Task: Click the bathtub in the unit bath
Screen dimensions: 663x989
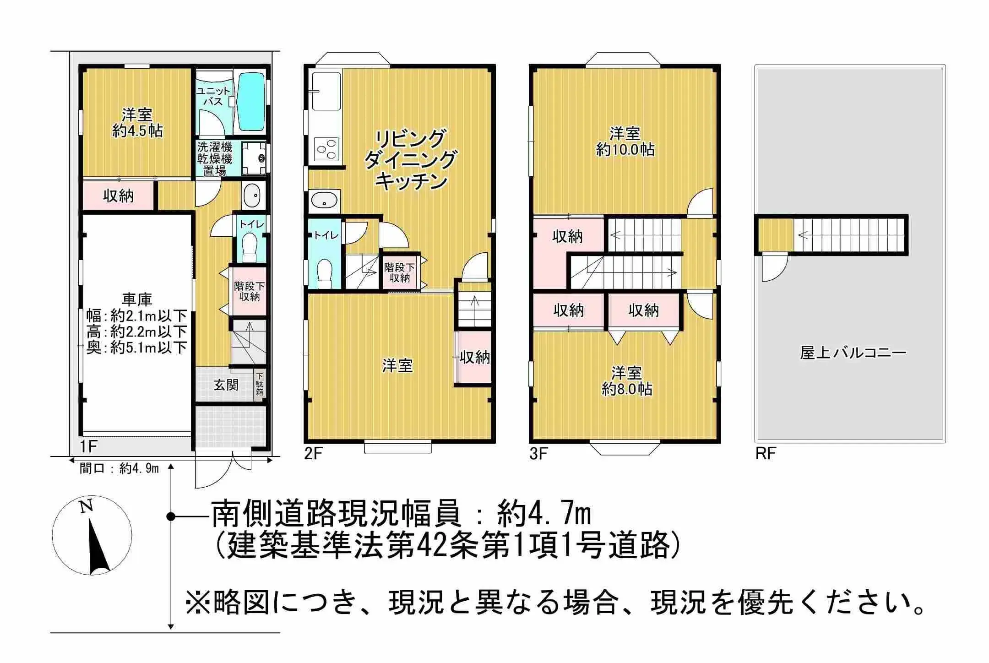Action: (x=251, y=102)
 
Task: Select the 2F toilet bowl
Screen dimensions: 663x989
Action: (x=325, y=271)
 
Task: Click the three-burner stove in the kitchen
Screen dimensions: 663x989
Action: (x=326, y=149)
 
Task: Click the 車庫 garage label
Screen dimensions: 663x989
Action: (x=136, y=299)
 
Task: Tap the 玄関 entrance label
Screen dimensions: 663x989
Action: (x=226, y=385)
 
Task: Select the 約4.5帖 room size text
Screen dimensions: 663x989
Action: (x=137, y=131)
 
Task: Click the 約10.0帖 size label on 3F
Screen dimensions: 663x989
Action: (x=625, y=150)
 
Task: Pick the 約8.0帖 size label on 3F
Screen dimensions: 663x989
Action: (x=626, y=389)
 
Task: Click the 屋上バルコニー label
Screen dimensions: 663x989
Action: (x=853, y=353)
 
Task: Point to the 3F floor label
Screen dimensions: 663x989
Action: (x=538, y=453)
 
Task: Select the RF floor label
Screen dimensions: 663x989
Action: (x=765, y=453)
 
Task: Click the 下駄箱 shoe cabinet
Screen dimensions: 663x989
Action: (x=260, y=384)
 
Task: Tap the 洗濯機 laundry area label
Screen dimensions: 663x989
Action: (x=214, y=147)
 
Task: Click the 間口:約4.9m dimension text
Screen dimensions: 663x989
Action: (x=119, y=468)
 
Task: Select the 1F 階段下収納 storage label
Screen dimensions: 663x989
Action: (x=249, y=291)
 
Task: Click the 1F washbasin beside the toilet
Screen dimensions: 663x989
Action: (x=251, y=196)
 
